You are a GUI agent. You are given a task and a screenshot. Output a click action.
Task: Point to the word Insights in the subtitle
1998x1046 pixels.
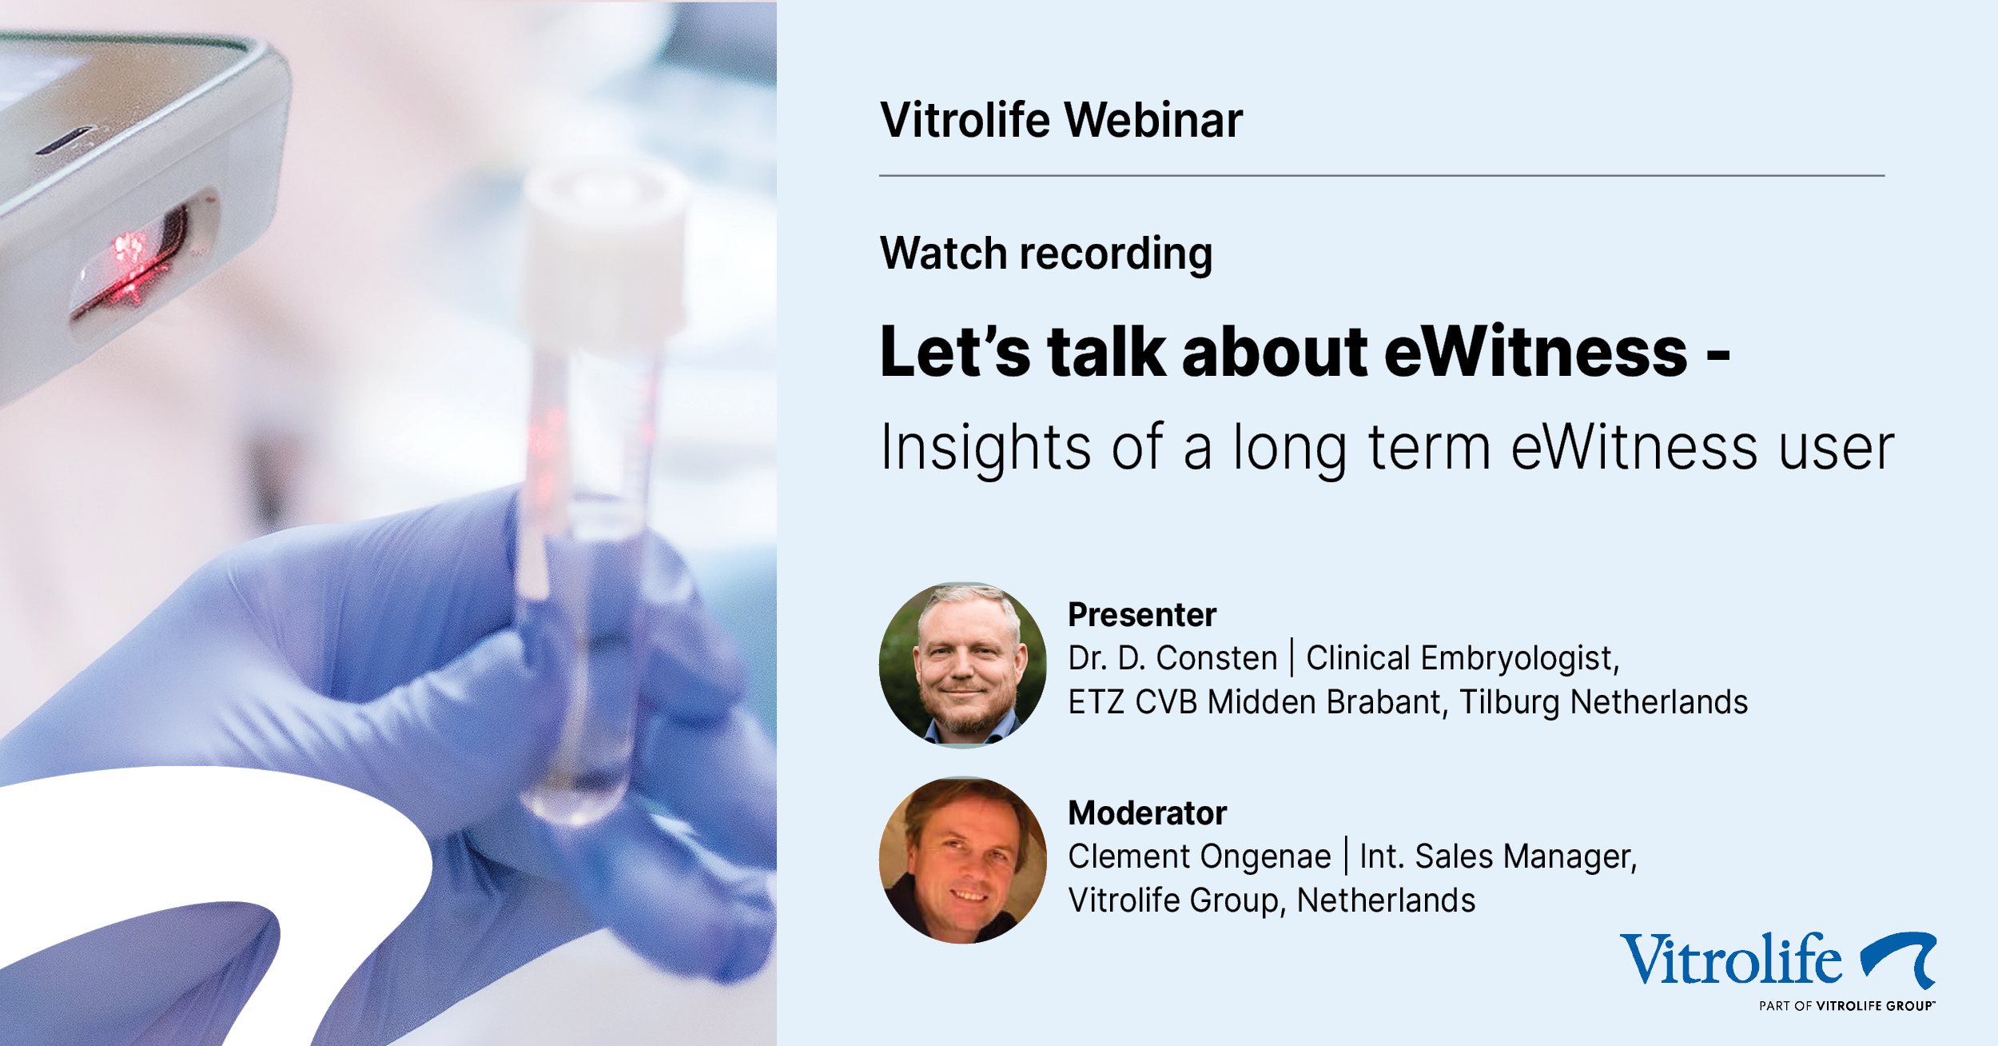(x=985, y=449)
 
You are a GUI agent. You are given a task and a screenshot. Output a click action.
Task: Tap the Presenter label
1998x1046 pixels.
(x=1142, y=615)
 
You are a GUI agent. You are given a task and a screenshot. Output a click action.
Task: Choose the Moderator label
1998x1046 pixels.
(x=1147, y=813)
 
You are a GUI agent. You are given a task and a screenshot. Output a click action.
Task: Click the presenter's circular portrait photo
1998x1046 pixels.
(x=963, y=665)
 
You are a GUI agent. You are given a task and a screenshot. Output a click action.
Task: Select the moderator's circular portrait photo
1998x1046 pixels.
(x=963, y=860)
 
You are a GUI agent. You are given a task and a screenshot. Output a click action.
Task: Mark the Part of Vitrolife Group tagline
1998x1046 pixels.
(x=1847, y=1006)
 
